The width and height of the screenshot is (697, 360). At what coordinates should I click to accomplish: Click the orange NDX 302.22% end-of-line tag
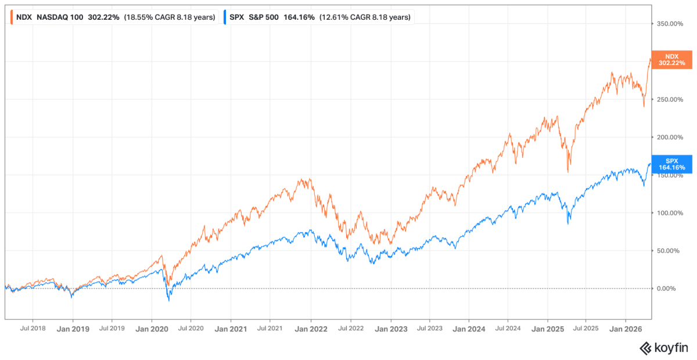[672, 60]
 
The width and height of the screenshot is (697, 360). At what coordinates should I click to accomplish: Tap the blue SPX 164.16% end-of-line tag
[672, 164]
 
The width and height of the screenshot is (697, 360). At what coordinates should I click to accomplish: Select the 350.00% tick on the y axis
[670, 24]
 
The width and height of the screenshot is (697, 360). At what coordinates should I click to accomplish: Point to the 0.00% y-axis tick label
[666, 289]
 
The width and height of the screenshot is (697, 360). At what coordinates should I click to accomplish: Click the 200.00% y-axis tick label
[670, 137]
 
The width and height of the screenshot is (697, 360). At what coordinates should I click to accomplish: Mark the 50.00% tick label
[668, 251]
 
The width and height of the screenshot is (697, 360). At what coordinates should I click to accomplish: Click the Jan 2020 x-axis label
[152, 329]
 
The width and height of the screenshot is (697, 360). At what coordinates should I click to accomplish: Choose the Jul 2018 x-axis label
[33, 328]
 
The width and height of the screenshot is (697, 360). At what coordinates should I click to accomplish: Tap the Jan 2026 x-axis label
[626, 329]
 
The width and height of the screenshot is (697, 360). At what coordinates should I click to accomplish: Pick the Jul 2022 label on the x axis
[351, 328]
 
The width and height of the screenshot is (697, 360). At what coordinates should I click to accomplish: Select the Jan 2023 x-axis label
[391, 329]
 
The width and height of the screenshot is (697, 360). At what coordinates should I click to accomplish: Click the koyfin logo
[664, 348]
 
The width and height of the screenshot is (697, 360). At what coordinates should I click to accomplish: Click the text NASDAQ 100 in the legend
[60, 17]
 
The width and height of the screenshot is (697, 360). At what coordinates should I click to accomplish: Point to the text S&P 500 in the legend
[264, 17]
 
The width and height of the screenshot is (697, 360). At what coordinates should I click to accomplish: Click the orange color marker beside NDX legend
[12, 17]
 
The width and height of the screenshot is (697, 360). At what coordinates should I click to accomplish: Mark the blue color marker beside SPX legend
[225, 17]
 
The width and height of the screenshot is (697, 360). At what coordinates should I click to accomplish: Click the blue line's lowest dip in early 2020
[169, 301]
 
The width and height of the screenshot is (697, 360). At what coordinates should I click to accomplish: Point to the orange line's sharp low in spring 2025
[568, 172]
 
